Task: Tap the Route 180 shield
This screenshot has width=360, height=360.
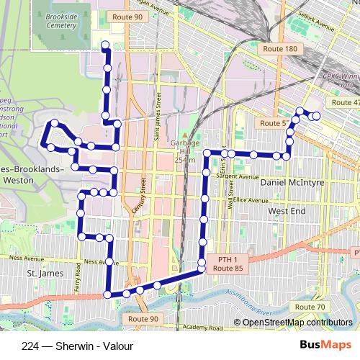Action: (281, 48)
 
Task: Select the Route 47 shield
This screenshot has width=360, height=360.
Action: (344, 102)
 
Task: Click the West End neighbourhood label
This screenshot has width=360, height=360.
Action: (287, 212)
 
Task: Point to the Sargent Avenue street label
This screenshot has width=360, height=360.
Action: (239, 176)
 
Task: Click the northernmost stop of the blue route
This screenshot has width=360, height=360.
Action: (104, 46)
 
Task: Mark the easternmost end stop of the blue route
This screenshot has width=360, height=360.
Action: (316, 116)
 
